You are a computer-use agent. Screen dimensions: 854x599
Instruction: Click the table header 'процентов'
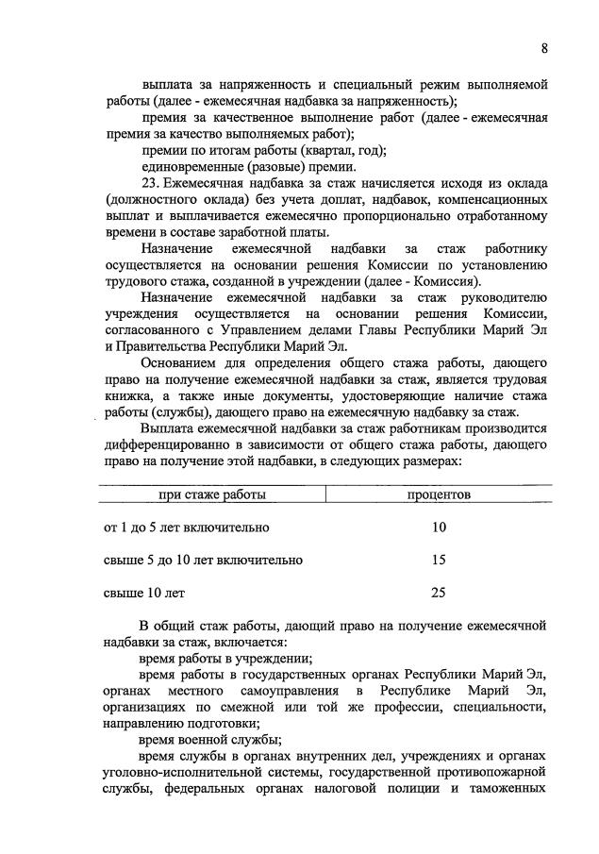tap(439, 494)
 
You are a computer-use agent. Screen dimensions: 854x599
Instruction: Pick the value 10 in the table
tap(439, 527)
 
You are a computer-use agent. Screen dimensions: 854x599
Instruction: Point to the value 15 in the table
tap(439, 560)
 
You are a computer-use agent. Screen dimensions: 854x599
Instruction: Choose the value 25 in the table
tap(439, 594)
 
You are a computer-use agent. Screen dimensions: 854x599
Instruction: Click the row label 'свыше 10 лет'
tap(144, 594)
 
